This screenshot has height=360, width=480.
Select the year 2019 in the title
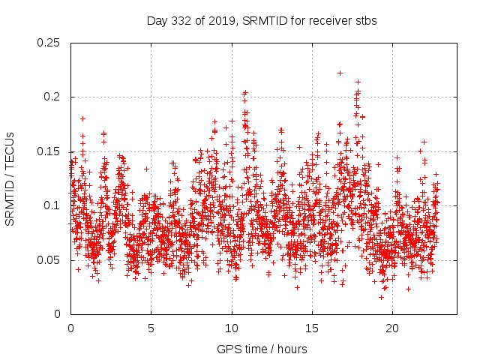point(221,21)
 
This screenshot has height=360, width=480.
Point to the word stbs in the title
point(365,21)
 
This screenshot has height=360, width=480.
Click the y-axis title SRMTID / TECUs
point(10,178)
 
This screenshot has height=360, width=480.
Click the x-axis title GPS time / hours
point(262,349)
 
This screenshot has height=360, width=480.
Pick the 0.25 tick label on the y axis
point(49,43)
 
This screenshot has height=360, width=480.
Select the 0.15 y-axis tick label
point(49,151)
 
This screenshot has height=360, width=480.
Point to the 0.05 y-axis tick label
point(49,260)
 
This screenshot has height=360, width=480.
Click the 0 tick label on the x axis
point(70,328)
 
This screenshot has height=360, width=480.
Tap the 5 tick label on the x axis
point(151,328)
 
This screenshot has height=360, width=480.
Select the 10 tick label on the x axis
point(232,328)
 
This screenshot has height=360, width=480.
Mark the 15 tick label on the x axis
point(312,328)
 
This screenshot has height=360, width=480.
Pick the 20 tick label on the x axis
point(392,328)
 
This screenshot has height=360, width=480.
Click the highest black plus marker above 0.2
point(340,73)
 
